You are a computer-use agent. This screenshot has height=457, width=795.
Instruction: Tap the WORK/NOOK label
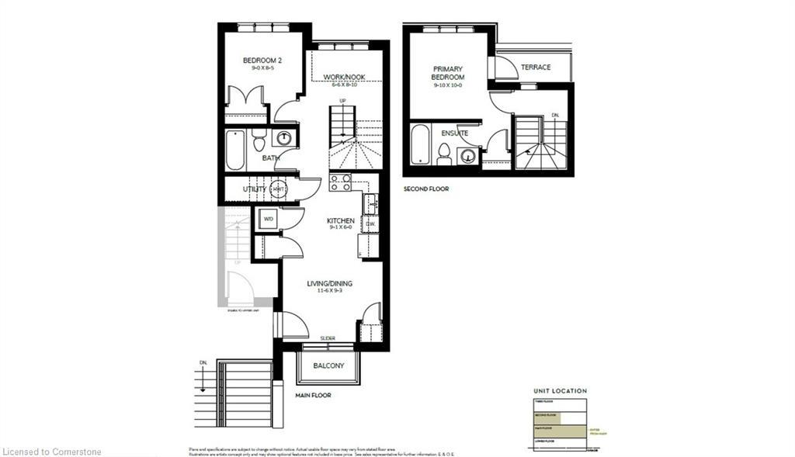[344, 77]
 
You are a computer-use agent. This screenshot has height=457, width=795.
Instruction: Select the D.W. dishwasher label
[370, 224]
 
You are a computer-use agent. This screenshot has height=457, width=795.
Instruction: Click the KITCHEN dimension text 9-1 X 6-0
[340, 227]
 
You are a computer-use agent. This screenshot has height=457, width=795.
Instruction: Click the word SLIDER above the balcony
[328, 338]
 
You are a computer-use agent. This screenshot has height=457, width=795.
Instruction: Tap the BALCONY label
[328, 365]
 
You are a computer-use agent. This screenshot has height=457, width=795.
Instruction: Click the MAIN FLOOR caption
[313, 395]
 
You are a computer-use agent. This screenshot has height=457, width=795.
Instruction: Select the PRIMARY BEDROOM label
[449, 73]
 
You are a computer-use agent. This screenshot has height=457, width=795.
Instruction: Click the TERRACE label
[536, 68]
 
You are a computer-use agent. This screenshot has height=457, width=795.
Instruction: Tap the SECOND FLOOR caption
[425, 189]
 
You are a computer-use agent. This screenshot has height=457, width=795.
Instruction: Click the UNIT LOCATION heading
[560, 390]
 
